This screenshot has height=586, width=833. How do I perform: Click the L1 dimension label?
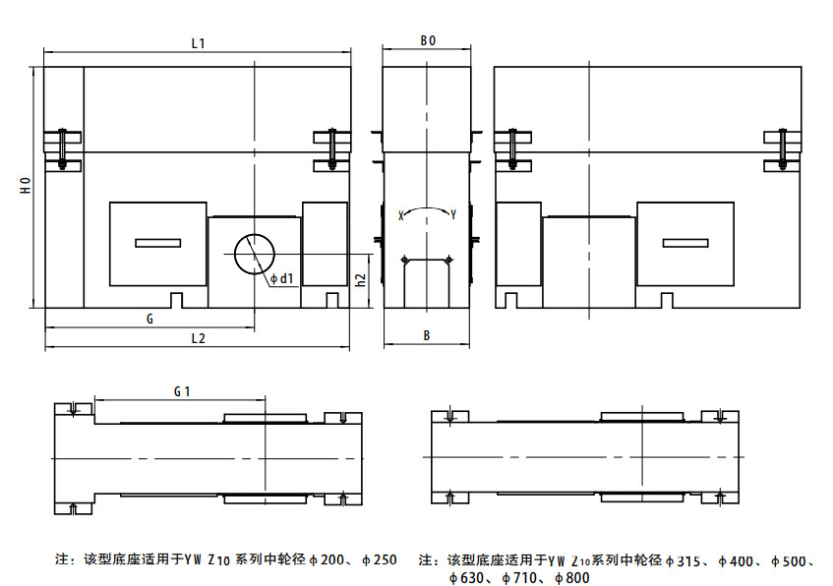coord(197,42)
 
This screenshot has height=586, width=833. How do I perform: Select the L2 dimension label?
coord(197,338)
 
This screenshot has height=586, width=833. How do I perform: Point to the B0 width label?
coord(427,41)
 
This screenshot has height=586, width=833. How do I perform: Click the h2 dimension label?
coord(361,279)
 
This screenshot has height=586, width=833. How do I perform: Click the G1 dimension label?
coord(181,390)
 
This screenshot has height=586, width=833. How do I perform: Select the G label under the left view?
coord(149,319)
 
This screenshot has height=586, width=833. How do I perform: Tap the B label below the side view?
coord(427,335)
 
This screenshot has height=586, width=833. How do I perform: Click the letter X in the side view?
coord(400,214)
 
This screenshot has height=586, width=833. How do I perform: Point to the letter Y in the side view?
coord(452,214)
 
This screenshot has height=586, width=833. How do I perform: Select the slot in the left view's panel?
coord(157,243)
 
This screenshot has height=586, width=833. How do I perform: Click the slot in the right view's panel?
coord(684,243)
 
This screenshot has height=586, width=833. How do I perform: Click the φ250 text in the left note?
coord(378,560)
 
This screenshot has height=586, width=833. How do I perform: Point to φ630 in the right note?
coord(463,577)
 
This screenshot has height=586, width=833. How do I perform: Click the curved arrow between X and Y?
coord(426,209)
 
